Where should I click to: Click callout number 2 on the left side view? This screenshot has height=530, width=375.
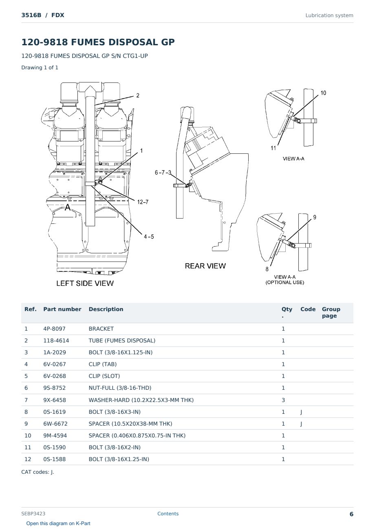coord(138,95)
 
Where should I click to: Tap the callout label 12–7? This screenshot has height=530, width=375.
coord(143,202)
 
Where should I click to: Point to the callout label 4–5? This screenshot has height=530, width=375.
coord(149,236)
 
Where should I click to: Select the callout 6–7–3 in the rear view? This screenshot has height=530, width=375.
coord(163,172)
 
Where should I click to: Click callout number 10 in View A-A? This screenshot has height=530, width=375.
coord(323,93)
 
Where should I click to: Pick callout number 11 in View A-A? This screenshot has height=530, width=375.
coord(273,148)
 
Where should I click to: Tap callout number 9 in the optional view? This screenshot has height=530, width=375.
coord(315,217)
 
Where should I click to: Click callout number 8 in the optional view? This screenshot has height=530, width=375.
coord(267,269)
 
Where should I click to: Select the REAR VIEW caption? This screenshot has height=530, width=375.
coord(205,266)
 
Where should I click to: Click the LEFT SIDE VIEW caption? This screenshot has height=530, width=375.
coord(85,283)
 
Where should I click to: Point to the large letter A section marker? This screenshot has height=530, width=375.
coord(68,207)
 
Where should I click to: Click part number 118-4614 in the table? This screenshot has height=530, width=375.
coord(56,340)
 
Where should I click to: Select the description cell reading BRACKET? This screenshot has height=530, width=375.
coord(101,329)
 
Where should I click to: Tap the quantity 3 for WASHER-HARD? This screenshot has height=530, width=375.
coord(283,400)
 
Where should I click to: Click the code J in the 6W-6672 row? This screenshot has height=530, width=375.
coord(301,424)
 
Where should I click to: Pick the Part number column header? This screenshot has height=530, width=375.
coord(62,309)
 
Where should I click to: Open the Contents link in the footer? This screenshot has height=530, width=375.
coord(168,513)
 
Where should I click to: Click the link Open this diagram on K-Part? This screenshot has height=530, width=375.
coord(58,523)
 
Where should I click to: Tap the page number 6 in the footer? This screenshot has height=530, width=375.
coord(351,514)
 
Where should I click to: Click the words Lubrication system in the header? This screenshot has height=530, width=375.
coord(329,15)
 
